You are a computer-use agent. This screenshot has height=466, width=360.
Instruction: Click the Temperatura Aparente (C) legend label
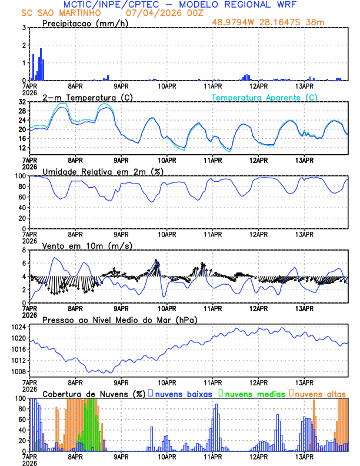(265, 97)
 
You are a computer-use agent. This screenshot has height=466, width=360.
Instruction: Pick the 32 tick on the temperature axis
(22, 102)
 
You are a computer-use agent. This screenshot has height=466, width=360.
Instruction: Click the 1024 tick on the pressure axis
(18, 327)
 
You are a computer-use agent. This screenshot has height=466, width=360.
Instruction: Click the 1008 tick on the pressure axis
(18, 371)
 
